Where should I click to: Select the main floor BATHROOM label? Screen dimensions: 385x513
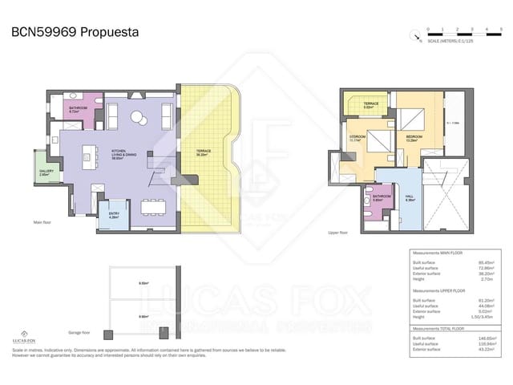pos(78,110)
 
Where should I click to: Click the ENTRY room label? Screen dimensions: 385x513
pos(113,214)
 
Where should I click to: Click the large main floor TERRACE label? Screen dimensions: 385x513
pos(204,153)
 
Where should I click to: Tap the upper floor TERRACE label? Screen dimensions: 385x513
pos(370,104)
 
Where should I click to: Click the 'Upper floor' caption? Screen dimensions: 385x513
pos(338,233)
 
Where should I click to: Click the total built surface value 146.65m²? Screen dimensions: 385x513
pos(485,338)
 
